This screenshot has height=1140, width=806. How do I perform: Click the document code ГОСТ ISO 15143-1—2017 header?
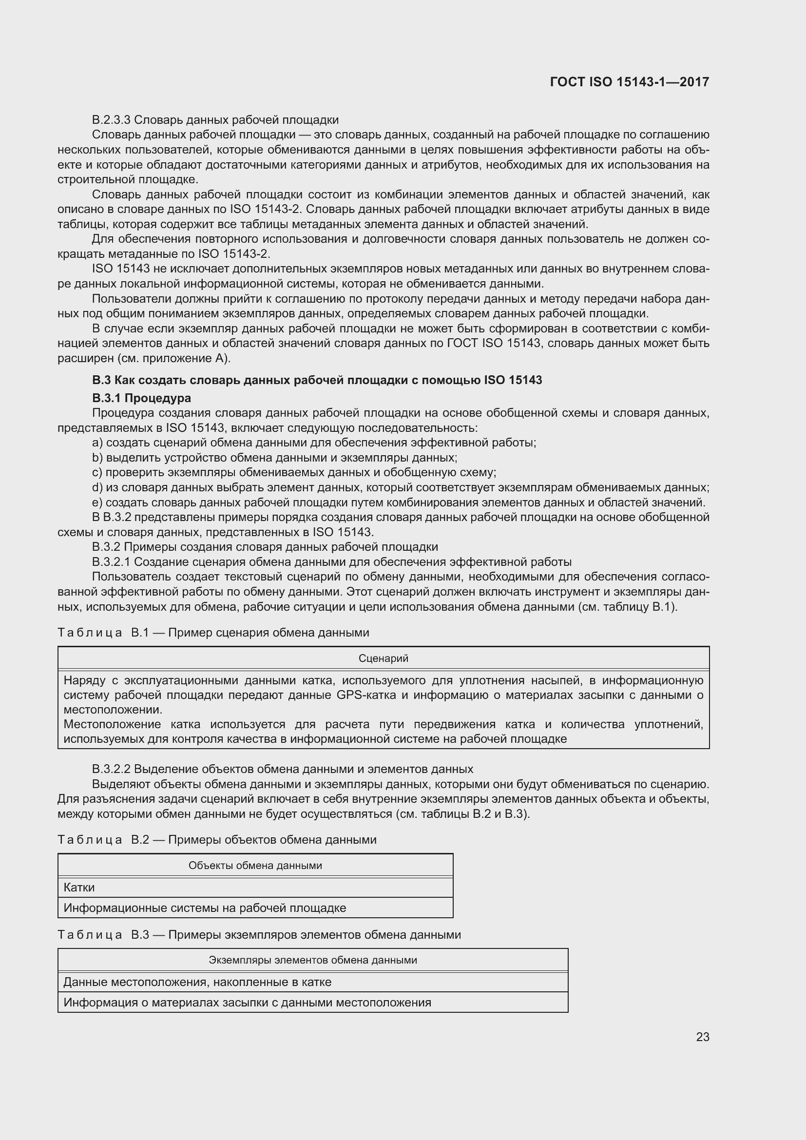629,82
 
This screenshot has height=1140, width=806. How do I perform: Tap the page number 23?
702,1037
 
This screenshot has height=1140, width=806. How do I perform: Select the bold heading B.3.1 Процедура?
141,398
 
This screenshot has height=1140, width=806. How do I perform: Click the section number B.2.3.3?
111,120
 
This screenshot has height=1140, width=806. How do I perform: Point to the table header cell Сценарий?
383,658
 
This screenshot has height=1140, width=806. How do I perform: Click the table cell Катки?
79,887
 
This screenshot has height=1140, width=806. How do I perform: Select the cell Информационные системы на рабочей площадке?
205,908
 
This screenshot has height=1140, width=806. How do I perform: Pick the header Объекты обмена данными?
255,866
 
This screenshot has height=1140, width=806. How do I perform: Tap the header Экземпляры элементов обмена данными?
313,960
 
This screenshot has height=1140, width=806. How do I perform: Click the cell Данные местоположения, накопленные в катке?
197,982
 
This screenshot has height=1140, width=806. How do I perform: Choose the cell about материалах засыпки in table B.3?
247,1003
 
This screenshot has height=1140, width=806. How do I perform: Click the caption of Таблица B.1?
213,633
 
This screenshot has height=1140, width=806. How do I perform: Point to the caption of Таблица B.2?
217,840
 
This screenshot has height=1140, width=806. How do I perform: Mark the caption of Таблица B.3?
259,934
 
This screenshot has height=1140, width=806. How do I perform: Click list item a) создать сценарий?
314,443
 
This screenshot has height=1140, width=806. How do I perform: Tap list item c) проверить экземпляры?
294,472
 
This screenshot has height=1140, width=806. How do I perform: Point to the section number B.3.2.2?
111,769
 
